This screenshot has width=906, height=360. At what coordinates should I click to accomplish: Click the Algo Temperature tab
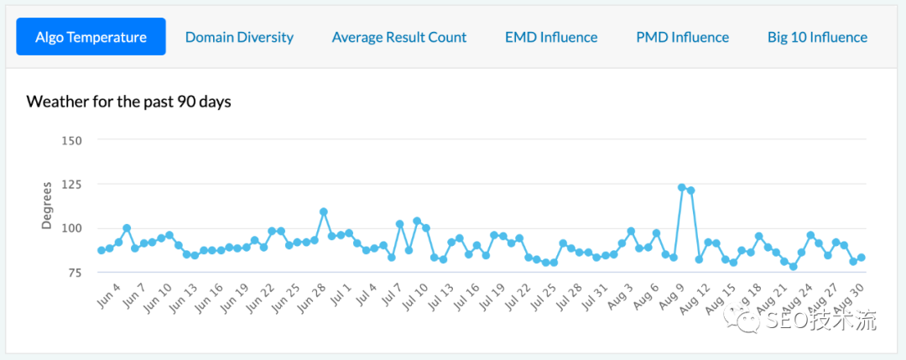tap(91, 37)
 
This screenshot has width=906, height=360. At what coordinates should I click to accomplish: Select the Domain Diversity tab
tap(239, 37)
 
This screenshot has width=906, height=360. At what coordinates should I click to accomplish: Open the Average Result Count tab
tap(399, 37)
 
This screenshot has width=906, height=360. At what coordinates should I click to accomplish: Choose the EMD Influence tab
tap(551, 37)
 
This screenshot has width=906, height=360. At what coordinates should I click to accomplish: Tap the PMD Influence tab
tap(682, 37)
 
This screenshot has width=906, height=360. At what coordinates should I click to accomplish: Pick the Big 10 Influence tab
tap(817, 37)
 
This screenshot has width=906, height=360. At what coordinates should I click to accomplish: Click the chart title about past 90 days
tap(128, 102)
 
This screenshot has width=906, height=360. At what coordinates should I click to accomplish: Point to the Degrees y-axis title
tap(47, 205)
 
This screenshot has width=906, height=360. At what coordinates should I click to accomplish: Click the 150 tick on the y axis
tap(71, 140)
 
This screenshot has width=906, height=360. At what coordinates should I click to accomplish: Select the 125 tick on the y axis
tap(71, 184)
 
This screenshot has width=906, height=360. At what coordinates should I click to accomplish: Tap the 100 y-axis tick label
tap(71, 228)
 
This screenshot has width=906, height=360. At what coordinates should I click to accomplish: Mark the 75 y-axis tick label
tap(74, 273)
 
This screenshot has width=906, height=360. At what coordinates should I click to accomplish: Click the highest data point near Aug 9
tap(682, 187)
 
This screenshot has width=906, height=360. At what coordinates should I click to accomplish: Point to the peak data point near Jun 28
tap(323, 211)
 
